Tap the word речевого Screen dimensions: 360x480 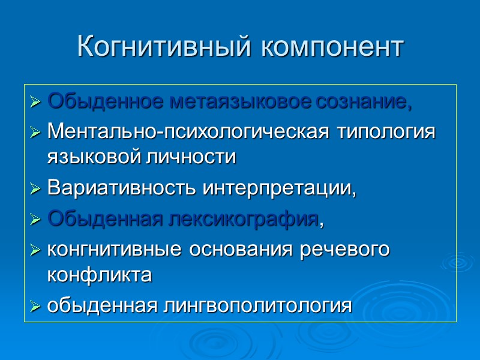[344, 250]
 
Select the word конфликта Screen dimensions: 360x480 [99, 275]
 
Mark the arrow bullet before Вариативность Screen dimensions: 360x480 [35, 190]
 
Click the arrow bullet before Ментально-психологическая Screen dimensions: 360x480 [35, 132]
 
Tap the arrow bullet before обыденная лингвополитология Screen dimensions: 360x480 [35, 307]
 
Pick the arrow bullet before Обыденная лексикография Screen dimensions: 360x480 [35, 220]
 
